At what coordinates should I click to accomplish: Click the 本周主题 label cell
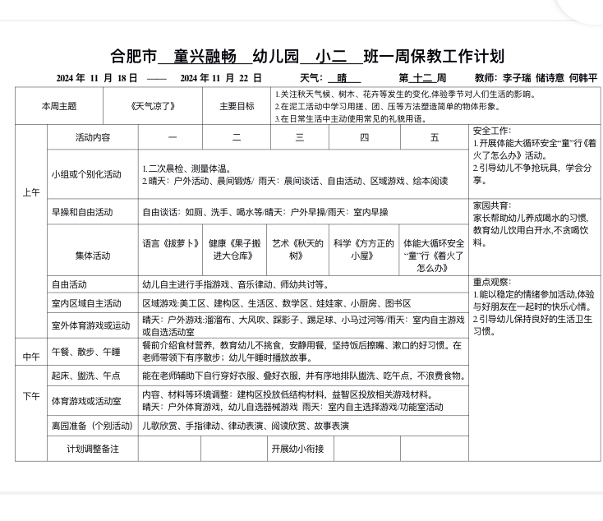[59, 106]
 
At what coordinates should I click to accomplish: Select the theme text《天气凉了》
[153, 106]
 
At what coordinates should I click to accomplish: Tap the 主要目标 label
[237, 106]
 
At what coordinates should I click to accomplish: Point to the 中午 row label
[30, 356]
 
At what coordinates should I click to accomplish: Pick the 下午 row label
[30, 396]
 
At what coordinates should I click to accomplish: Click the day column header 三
[300, 137]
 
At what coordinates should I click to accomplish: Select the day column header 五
[435, 137]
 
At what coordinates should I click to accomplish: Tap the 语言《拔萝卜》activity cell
[171, 243]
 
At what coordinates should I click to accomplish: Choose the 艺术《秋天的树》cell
[299, 249]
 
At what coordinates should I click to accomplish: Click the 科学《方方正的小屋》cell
[366, 249]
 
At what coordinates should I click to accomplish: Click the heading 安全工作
[491, 131]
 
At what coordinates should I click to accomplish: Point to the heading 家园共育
[491, 205]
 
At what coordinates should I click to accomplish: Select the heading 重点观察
[491, 281]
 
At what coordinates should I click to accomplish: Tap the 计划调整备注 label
[93, 449]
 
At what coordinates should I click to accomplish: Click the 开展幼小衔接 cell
[297, 449]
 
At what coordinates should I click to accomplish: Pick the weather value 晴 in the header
[343, 78]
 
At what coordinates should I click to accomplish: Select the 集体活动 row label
[93, 256]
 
